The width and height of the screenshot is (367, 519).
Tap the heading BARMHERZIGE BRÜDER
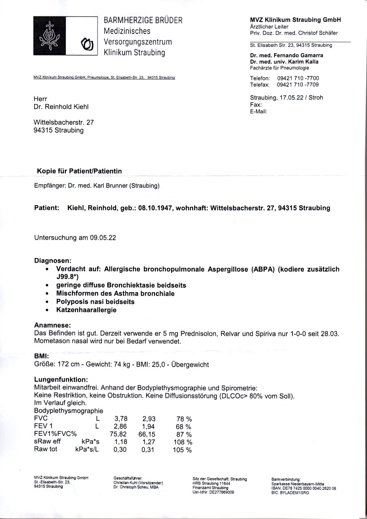point(143,20)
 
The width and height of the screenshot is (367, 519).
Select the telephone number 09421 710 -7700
point(298,78)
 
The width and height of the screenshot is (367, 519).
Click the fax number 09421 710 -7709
point(298,85)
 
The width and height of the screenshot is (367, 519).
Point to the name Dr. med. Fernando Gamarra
point(286,55)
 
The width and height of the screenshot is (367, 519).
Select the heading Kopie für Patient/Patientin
point(79,171)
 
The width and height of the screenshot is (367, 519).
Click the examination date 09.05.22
point(103,237)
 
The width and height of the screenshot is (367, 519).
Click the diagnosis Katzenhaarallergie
point(86,310)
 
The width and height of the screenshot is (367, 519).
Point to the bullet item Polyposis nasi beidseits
point(95,302)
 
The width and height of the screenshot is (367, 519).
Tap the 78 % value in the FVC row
point(184,419)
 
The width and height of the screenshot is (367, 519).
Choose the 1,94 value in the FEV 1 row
point(148,426)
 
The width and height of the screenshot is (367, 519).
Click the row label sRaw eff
point(47,441)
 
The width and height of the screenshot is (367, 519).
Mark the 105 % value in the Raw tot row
point(182,450)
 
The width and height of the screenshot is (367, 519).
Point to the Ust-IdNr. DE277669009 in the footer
point(213,492)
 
